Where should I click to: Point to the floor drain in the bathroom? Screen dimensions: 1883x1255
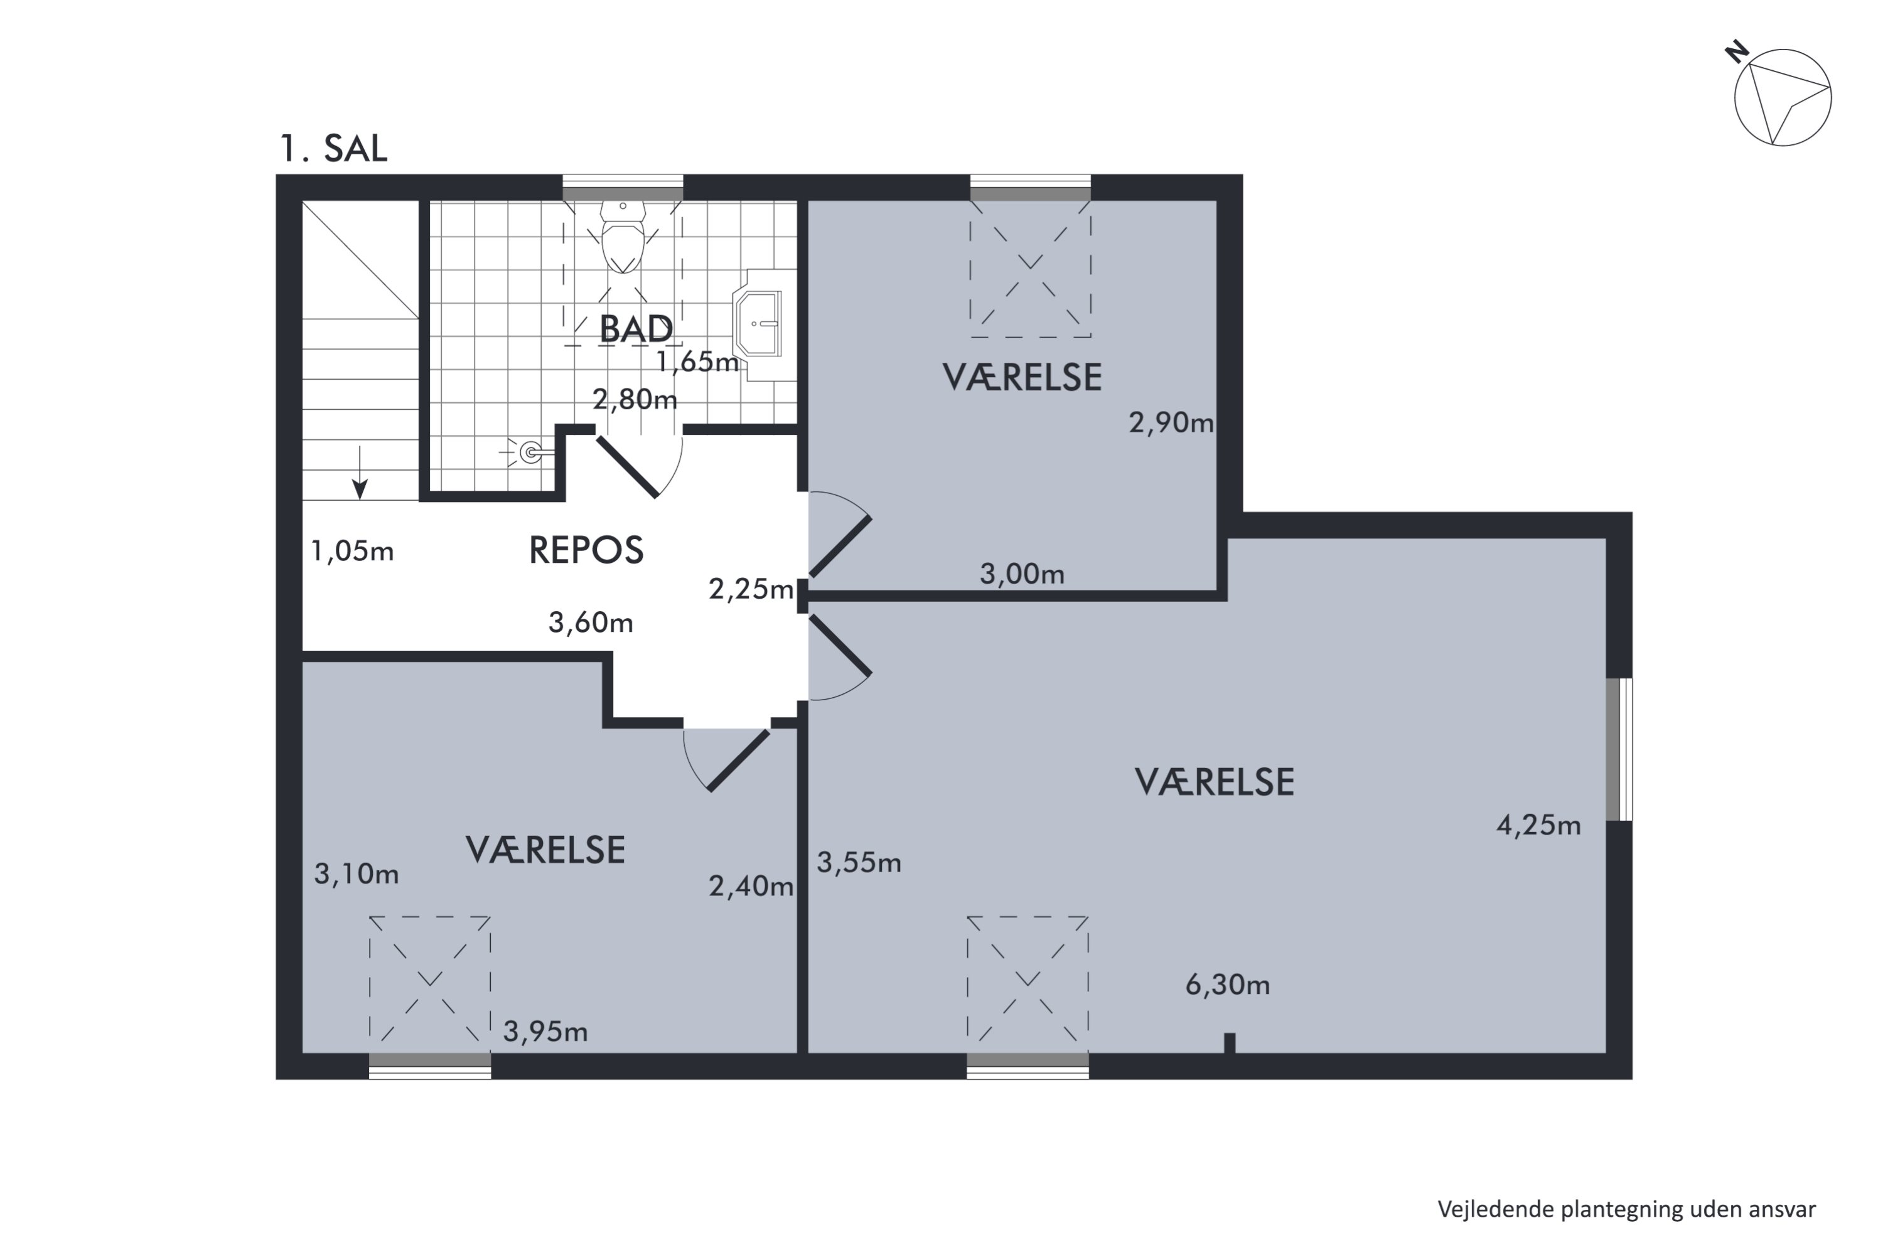(529, 453)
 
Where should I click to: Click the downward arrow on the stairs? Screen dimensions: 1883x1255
(360, 473)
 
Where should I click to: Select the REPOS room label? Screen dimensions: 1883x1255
(586, 551)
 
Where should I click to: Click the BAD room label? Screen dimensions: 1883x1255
(636, 329)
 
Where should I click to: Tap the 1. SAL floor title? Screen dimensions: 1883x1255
(333, 149)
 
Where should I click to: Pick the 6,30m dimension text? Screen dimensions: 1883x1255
(1227, 985)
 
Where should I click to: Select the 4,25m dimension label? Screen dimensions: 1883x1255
(1539, 825)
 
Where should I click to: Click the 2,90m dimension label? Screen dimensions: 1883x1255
(1171, 422)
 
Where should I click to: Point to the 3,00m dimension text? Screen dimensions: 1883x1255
(1022, 574)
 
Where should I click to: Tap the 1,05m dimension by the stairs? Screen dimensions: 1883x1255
(352, 551)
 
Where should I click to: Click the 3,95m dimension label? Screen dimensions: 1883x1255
(545, 1032)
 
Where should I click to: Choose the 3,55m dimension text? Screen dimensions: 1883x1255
(859, 862)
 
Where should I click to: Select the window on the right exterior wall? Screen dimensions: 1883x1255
(1619, 749)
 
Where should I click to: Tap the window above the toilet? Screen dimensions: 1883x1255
(623, 187)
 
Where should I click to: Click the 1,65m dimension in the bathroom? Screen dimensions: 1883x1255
(697, 363)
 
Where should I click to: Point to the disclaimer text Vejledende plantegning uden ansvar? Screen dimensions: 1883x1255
(1626, 1209)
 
